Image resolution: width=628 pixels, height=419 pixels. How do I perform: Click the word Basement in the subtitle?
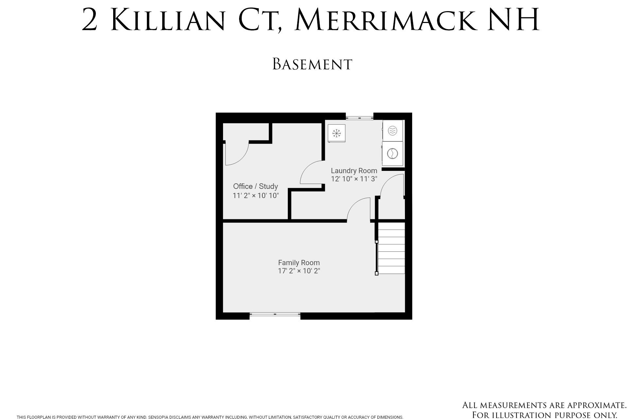312,64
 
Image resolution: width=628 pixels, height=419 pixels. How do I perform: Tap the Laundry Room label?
354,171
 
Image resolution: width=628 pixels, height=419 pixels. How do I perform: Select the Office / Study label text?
255,186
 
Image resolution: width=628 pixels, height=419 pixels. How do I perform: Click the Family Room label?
299,263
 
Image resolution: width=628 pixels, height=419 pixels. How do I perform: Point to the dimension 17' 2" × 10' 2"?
299,271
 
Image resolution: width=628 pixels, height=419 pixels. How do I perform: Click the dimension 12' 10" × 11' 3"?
354,179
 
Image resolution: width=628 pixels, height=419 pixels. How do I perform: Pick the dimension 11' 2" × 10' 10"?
256,196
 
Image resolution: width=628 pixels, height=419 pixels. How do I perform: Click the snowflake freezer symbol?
337,133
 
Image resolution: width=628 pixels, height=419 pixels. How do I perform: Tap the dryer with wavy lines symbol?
392,131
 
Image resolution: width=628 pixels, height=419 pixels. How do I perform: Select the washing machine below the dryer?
392,154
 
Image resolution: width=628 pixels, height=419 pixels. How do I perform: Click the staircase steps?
391,248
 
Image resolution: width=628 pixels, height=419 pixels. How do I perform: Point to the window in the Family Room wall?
275,314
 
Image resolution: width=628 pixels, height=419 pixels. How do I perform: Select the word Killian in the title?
168,20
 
